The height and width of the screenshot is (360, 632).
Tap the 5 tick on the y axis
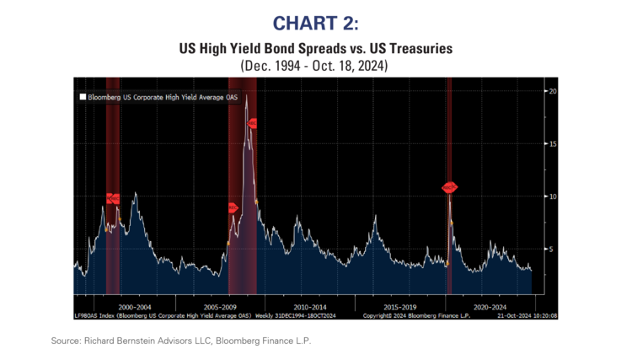pyautogui.click(x=550, y=250)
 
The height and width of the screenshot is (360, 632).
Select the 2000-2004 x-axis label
pyautogui.click(x=136, y=307)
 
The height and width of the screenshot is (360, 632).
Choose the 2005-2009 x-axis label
pyautogui.click(x=222, y=307)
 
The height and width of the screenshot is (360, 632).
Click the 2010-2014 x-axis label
pyautogui.click(x=312, y=307)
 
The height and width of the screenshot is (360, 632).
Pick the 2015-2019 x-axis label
pyautogui.click(x=401, y=307)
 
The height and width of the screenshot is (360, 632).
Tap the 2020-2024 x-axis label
pyautogui.click(x=490, y=307)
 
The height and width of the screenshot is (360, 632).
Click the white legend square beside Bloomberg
pyautogui.click(x=83, y=97)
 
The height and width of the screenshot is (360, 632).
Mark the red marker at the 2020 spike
pyautogui.click(x=449, y=187)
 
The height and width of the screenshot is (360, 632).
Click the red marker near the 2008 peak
pyautogui.click(x=252, y=123)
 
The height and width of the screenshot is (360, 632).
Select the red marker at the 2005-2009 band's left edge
pyautogui.click(x=233, y=207)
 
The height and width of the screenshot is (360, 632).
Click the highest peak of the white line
pyautogui.click(x=246, y=95)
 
